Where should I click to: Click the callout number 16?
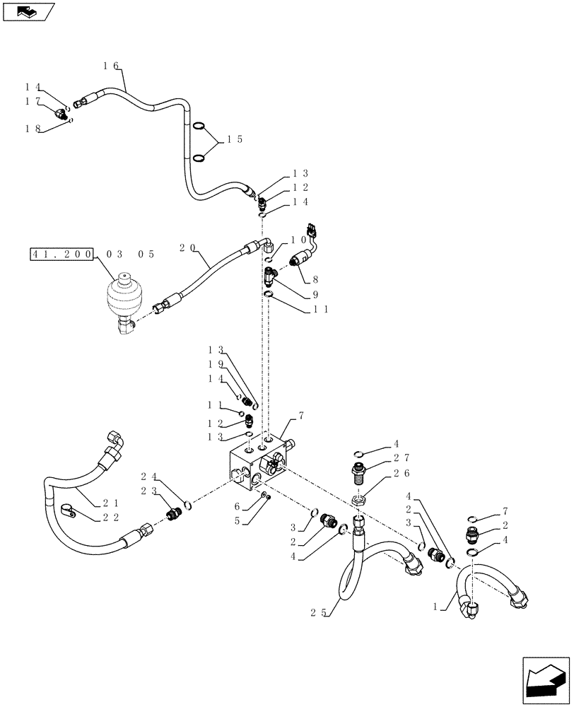pyautogui.click(x=110, y=65)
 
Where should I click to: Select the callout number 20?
pyautogui.click(x=187, y=248)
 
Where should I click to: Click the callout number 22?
pyautogui.click(x=110, y=518)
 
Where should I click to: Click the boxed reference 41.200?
pyautogui.click(x=62, y=254)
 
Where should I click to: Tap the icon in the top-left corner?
pyautogui.click(x=28, y=11)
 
